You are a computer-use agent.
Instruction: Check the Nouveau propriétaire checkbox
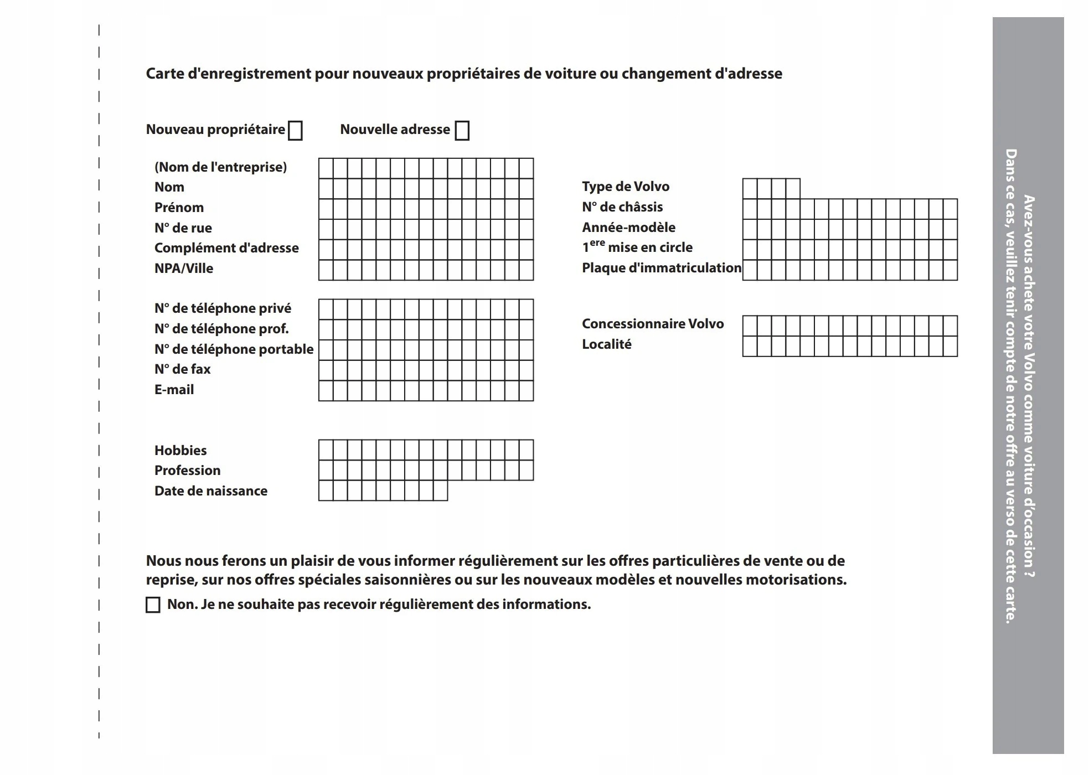tap(296, 131)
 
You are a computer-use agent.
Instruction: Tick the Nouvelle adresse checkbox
tap(462, 131)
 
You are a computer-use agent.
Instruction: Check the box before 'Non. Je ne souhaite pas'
tap(153, 604)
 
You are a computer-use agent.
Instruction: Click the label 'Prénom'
tap(179, 208)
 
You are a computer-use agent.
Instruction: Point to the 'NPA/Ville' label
tap(183, 268)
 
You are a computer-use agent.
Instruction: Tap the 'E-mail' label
tap(174, 390)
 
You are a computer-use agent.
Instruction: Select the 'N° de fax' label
tap(182, 369)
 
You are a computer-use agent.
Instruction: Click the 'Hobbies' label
tap(180, 451)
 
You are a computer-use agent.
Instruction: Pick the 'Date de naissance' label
tap(210, 491)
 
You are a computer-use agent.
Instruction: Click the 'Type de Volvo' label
tap(625, 187)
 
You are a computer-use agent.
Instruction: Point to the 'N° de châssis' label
tap(622, 207)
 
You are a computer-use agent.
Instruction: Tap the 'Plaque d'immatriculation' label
tap(661, 268)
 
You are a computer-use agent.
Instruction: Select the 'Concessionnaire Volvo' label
tap(652, 324)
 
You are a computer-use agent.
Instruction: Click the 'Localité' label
tap(606, 344)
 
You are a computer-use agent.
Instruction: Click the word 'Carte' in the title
tap(164, 74)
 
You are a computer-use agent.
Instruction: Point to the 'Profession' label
tap(187, 471)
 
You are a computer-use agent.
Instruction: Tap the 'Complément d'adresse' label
tap(226, 248)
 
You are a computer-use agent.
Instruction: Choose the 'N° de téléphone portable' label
tap(234, 349)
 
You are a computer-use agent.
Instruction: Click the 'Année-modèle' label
tap(628, 228)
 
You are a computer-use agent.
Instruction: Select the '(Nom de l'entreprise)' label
tap(220, 167)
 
